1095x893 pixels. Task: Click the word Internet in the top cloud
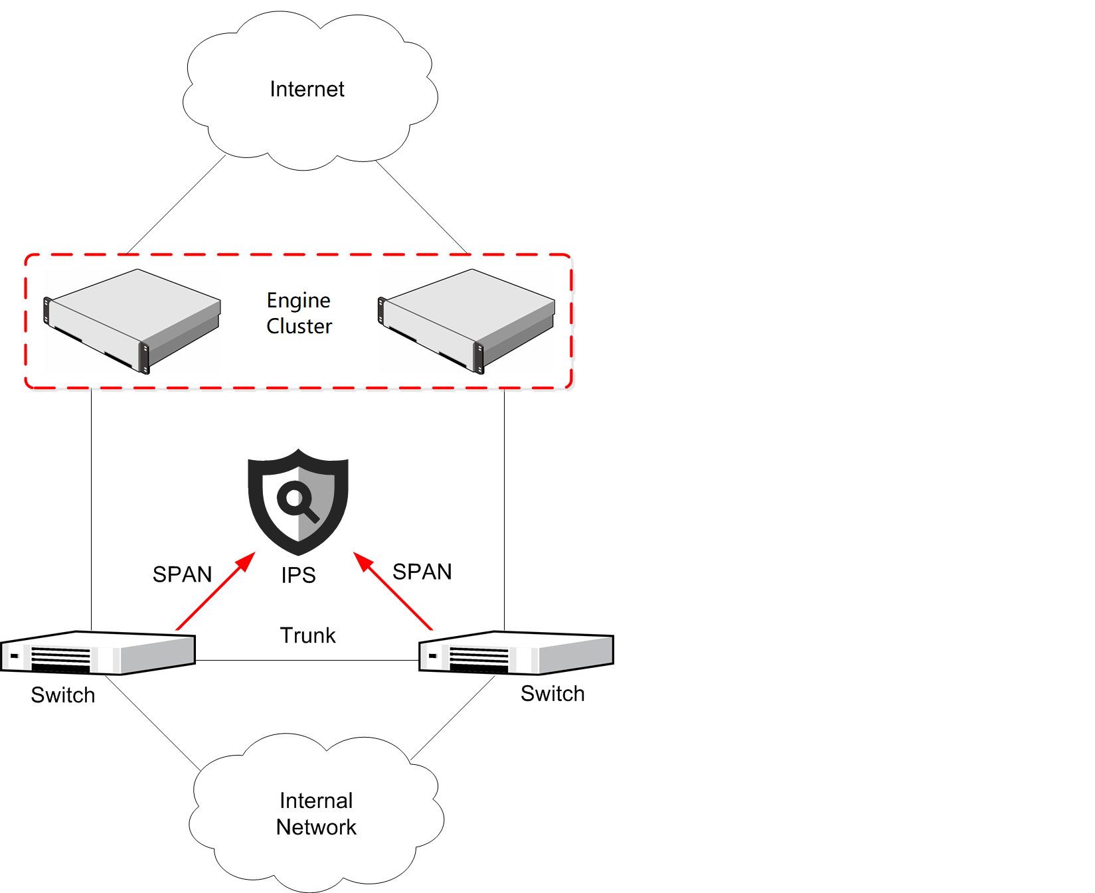coord(307,89)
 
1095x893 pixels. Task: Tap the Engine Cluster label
coord(299,313)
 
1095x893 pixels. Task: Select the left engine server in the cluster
coord(132,319)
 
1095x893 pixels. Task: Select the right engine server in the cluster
coord(467,319)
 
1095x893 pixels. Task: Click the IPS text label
coord(298,575)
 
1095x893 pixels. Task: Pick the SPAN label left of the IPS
coord(182,574)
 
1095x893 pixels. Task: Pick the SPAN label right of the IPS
coord(422,572)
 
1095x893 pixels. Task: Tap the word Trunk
coord(307,635)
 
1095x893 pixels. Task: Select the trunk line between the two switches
coord(307,661)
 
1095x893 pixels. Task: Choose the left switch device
coord(98,653)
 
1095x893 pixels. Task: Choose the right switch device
coord(516,653)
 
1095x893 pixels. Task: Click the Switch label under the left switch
coord(63,695)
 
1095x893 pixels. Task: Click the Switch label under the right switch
coord(552,694)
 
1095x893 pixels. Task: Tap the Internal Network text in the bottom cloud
coord(316,814)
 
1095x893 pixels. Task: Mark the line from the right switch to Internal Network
coord(454,718)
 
